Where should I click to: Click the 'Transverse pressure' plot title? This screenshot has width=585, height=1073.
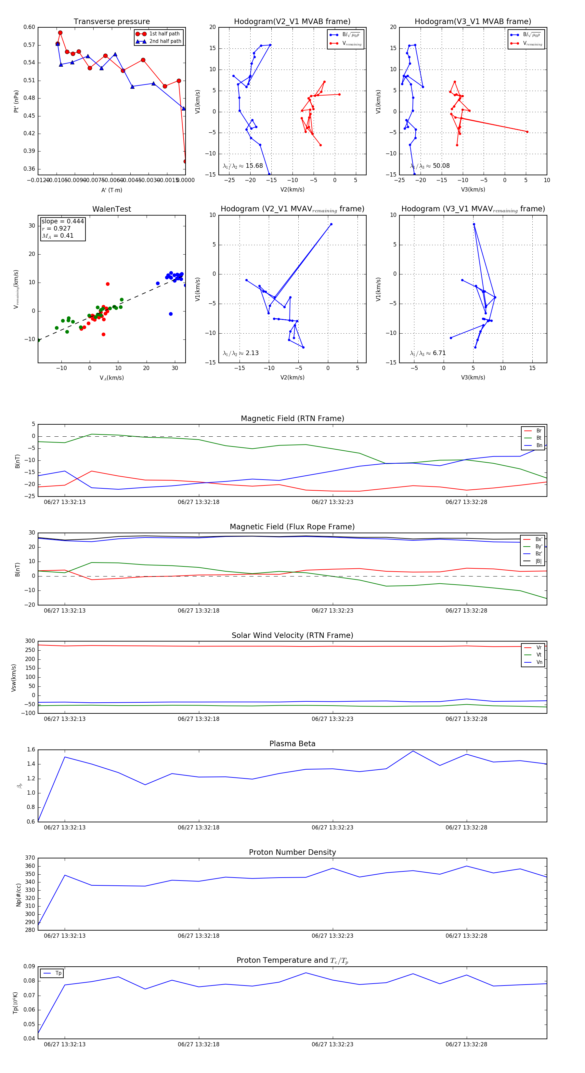(111, 22)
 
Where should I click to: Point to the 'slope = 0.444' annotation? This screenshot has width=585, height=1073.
(62, 221)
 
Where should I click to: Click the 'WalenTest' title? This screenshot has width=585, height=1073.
(111, 209)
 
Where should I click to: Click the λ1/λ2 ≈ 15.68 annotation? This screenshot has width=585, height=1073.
(243, 166)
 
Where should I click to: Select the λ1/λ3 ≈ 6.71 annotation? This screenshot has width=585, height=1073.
(428, 353)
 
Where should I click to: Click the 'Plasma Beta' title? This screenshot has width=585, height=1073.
(292, 744)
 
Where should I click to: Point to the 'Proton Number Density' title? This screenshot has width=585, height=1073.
(292, 852)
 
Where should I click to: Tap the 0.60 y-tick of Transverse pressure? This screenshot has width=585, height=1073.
(29, 27)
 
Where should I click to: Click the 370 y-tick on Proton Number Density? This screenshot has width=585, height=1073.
(30, 858)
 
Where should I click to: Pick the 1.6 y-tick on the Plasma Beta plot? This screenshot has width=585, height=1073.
(31, 750)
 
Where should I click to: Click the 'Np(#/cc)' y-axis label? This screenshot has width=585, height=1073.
(18, 895)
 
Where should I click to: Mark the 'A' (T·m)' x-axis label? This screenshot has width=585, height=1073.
(111, 190)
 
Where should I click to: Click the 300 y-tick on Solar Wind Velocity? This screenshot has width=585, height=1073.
(30, 641)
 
